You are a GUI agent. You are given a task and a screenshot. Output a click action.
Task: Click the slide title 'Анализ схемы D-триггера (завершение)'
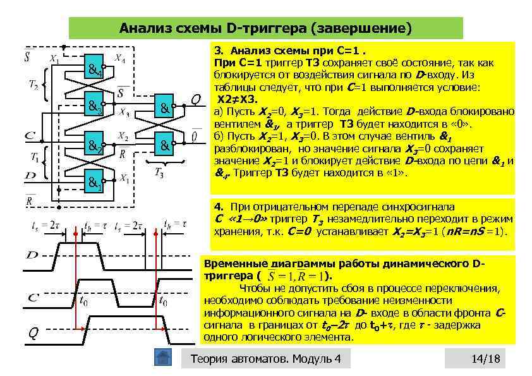click(265, 28)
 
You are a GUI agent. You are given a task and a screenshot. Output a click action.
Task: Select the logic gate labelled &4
click(96, 70)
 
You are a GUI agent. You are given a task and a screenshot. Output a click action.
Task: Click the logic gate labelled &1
click(96, 183)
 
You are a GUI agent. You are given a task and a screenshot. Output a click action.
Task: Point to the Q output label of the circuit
click(196, 100)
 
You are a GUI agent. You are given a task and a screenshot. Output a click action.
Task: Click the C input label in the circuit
click(30, 136)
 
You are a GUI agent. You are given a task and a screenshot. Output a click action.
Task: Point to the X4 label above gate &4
click(119, 58)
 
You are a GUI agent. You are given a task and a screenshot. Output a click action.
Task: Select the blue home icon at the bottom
click(163, 358)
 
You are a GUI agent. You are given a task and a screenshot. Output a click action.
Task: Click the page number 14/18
click(485, 359)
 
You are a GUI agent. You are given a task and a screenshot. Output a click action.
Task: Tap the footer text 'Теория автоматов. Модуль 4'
click(265, 359)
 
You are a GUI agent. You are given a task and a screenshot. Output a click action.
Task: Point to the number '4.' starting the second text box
click(219, 207)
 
